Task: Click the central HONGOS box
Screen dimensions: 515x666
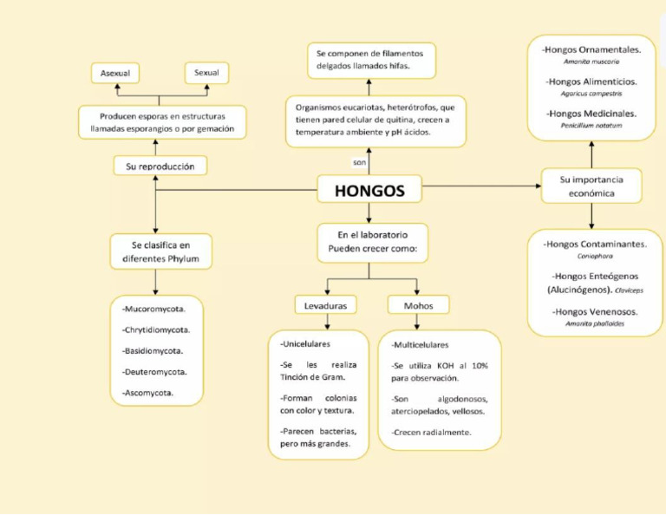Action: click(369, 191)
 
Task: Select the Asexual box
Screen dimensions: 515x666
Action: click(115, 74)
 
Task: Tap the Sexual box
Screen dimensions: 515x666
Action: click(206, 73)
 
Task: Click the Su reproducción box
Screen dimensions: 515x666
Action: click(160, 166)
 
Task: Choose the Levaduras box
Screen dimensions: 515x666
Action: click(326, 305)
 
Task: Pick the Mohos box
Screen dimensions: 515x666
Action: click(418, 305)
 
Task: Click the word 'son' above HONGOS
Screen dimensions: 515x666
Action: click(360, 162)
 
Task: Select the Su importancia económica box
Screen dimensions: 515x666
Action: click(591, 186)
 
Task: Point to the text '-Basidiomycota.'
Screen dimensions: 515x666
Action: click(153, 350)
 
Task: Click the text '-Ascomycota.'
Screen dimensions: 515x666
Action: click(147, 392)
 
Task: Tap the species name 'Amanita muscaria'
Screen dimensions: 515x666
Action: click(591, 62)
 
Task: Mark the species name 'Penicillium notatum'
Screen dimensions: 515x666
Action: click(591, 125)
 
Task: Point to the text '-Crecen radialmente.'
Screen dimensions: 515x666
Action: click(432, 432)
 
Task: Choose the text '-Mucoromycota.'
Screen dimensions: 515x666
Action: click(152, 309)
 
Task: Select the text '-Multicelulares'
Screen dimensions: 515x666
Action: click(420, 344)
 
